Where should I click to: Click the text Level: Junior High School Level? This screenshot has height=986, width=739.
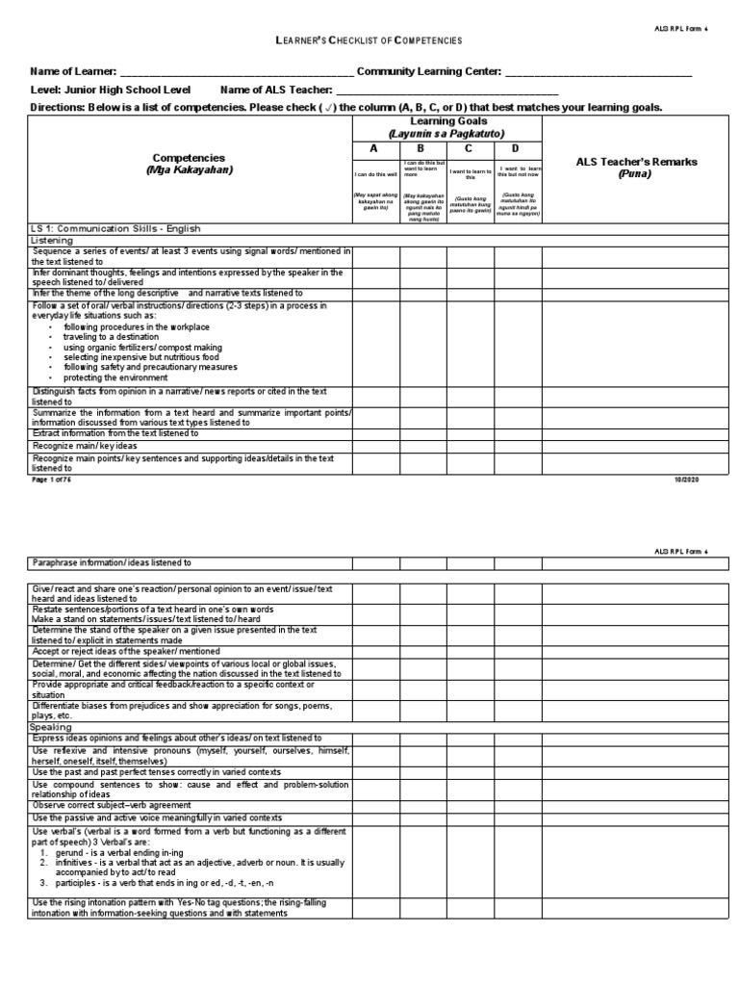click(117, 90)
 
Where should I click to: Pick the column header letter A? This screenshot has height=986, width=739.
click(375, 149)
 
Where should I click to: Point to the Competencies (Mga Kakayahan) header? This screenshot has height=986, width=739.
click(189, 163)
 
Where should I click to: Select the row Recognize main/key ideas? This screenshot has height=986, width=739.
click(85, 447)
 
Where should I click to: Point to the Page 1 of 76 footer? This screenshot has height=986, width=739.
click(54, 480)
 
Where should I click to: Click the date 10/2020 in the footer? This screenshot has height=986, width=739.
click(699, 480)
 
